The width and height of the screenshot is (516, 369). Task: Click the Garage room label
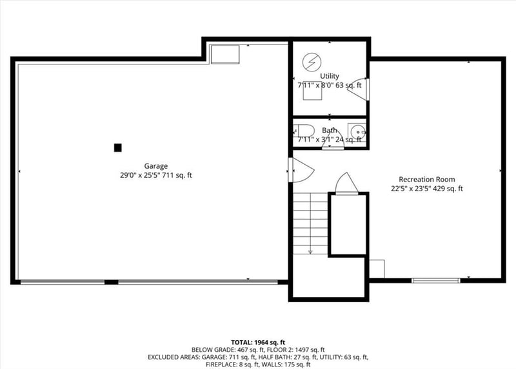(x=156, y=166)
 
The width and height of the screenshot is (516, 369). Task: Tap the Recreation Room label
(x=426, y=180)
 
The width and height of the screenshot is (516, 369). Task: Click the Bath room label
(x=329, y=130)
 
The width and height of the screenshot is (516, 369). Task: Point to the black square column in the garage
(x=117, y=147)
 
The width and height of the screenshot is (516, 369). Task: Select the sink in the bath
(x=357, y=131)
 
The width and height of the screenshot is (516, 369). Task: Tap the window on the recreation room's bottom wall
(x=436, y=280)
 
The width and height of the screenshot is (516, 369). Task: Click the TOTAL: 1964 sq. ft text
(x=258, y=341)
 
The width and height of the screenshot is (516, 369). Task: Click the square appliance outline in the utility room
(x=314, y=91)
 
